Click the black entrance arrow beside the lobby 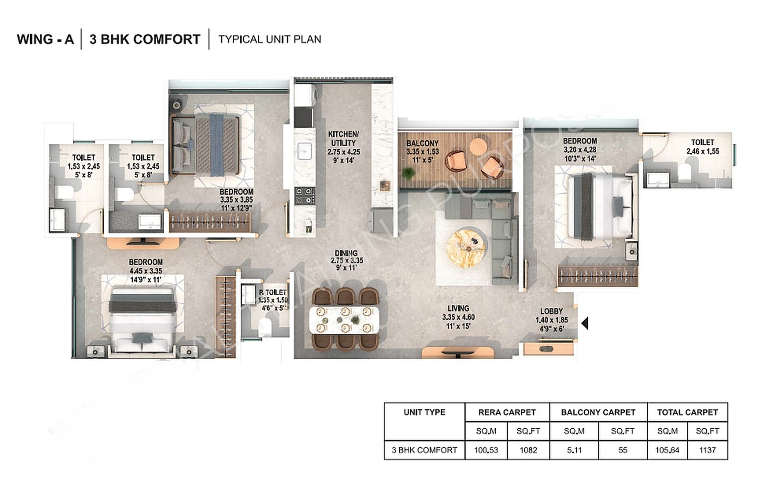(585, 323)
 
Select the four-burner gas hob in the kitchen (305, 196)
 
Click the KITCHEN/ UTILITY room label (343, 138)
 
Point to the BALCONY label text (422, 143)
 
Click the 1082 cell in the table (528, 450)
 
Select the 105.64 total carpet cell (667, 450)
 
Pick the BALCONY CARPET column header (598, 412)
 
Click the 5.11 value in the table (574, 450)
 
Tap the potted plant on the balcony (409, 173)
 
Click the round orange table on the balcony (479, 146)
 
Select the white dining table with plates (344, 319)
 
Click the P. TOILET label (273, 292)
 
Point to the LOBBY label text (551, 311)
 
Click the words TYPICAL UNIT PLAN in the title (270, 39)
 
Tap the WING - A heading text (45, 39)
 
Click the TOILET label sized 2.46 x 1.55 (702, 142)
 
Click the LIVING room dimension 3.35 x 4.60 (458, 317)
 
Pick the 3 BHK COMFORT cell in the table (424, 450)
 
